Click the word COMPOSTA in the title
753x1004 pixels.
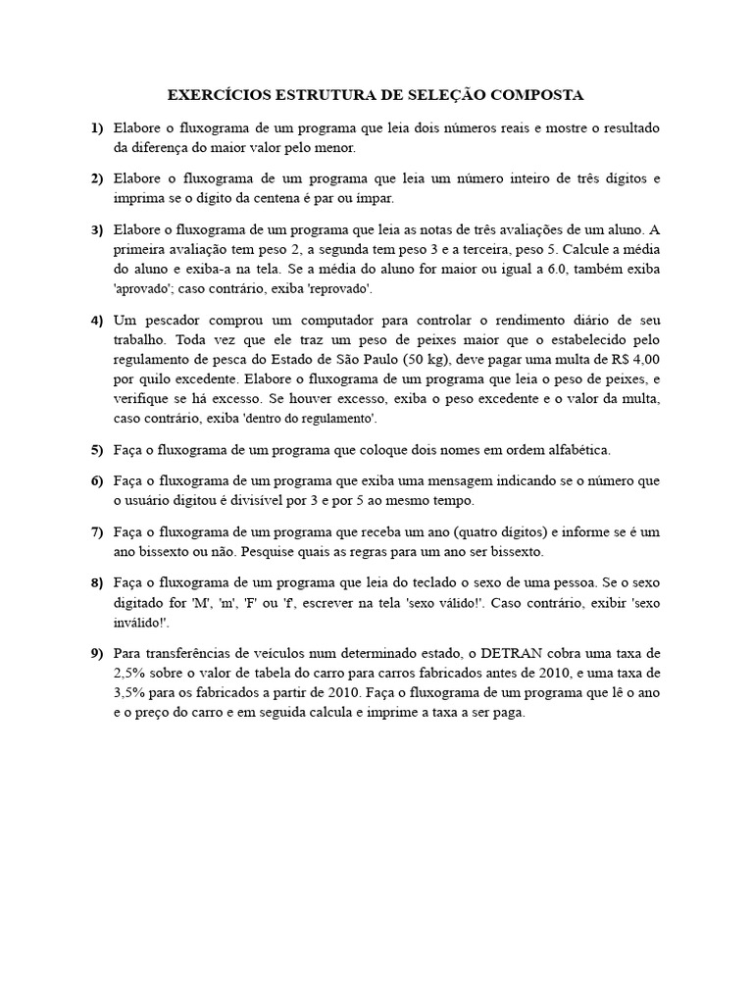click(536, 95)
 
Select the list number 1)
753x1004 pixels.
click(96, 127)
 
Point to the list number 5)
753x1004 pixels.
click(96, 450)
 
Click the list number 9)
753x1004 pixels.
click(96, 652)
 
